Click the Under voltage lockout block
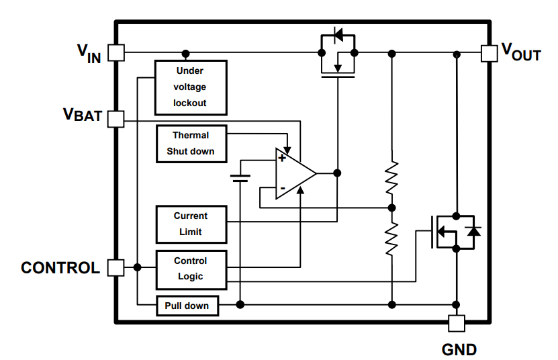coord(191,87)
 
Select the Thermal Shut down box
coord(191,143)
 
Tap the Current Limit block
coord(191,224)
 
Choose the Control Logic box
coord(191,269)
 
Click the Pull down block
coord(187,306)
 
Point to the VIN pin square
coord(116,52)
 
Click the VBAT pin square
coord(116,119)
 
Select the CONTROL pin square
coord(116,267)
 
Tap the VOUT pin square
coord(489,52)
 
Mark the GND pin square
coord(457,323)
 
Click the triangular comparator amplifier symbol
coord(294,173)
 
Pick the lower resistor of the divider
coord(391,238)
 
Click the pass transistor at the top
coord(338,54)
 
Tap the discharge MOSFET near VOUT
coord(453,232)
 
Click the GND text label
coord(459,349)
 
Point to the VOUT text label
coord(521,52)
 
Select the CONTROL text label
coord(60,268)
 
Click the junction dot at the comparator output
coord(338,173)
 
